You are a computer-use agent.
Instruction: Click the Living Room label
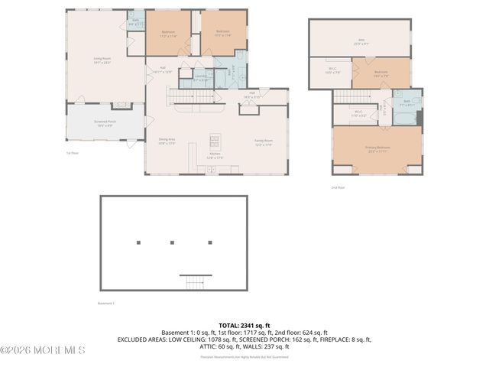click(x=102, y=62)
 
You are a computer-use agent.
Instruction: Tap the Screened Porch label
click(x=105, y=124)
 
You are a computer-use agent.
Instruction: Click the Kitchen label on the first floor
click(x=215, y=155)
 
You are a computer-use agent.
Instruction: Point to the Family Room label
click(x=264, y=142)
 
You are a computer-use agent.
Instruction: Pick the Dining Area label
click(x=167, y=141)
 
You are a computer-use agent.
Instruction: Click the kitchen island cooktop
click(x=215, y=141)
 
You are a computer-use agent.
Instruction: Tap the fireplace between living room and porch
click(x=121, y=106)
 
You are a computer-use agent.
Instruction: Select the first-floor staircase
click(x=190, y=96)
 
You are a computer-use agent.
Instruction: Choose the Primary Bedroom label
click(x=378, y=148)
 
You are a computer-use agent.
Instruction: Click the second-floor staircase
click(x=353, y=96)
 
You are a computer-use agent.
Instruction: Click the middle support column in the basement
click(x=173, y=242)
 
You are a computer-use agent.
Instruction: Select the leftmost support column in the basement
click(x=138, y=242)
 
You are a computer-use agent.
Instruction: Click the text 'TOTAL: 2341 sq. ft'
click(x=244, y=325)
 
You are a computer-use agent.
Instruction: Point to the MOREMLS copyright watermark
click(x=43, y=350)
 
